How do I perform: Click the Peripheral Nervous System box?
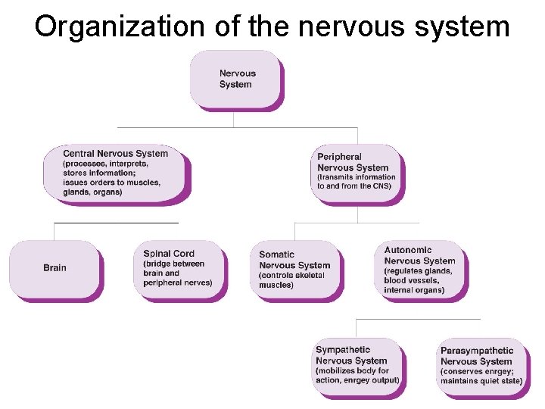click(356, 172)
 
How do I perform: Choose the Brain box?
click(54, 268)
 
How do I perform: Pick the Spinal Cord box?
click(179, 268)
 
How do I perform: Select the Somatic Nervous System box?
click(295, 270)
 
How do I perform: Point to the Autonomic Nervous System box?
click(420, 270)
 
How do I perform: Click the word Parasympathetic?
click(477, 351)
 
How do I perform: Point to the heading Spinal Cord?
click(169, 254)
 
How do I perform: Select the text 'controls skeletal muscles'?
click(291, 280)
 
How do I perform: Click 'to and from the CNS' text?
click(354, 186)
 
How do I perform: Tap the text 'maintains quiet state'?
click(481, 381)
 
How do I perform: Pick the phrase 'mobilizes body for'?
click(352, 371)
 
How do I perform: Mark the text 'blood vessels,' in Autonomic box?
click(412, 280)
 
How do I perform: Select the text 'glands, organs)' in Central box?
click(93, 192)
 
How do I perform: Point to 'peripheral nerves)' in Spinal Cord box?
click(178, 283)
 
